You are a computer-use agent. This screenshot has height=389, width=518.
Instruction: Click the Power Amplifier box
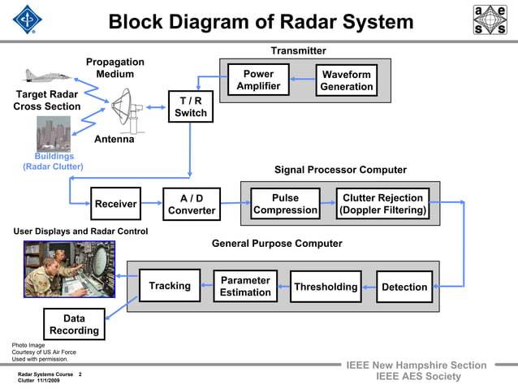point(258,80)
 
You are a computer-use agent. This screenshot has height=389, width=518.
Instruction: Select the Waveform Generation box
point(346,80)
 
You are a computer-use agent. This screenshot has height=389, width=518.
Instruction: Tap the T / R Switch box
point(191,106)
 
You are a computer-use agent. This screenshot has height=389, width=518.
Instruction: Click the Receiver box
point(115,204)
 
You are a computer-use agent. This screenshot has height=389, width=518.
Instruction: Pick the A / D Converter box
point(192,204)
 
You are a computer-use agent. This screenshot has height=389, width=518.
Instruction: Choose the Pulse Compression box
point(285,204)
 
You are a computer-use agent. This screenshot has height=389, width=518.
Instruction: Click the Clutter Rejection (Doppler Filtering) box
point(382,204)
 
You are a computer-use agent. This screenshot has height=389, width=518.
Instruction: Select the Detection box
point(404,287)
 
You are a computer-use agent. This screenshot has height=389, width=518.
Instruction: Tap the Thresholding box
point(326,287)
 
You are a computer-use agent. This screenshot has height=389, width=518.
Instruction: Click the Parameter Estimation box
point(245,287)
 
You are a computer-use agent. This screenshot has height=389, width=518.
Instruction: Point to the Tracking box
point(170,286)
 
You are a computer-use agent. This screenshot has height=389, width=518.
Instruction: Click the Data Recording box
point(74,325)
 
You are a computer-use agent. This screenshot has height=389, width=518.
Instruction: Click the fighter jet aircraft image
point(48,76)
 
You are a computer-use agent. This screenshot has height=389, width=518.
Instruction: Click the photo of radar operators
point(69,269)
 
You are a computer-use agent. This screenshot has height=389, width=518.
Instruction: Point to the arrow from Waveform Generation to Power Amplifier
point(301,80)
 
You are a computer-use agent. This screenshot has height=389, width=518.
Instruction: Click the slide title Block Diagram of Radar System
point(261,22)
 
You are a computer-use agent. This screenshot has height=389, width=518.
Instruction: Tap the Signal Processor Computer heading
point(340,170)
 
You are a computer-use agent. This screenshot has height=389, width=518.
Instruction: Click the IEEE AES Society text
point(419,377)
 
